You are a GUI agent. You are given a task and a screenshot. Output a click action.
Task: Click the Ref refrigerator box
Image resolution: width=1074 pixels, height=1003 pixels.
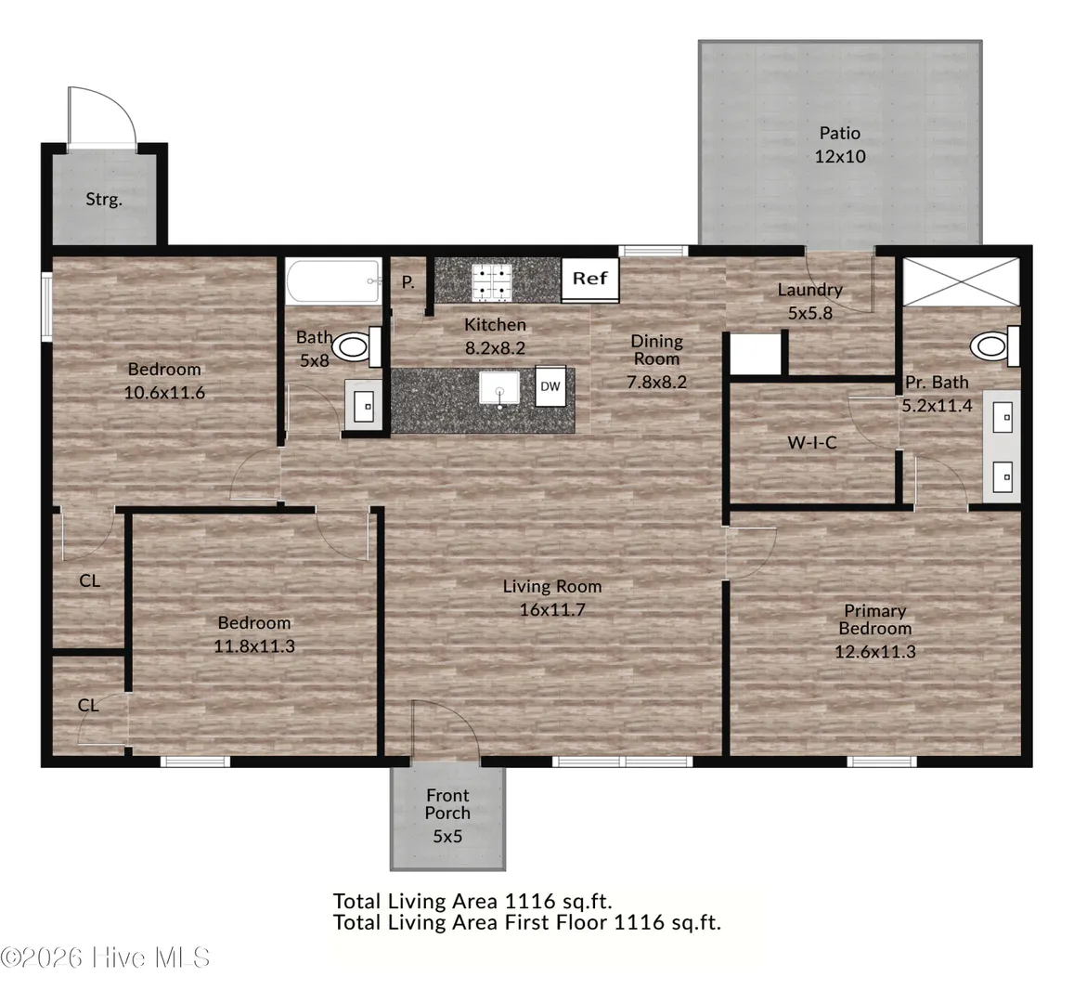pyautogui.click(x=590, y=279)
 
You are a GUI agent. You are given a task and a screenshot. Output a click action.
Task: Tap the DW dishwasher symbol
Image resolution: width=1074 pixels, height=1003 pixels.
pyautogui.click(x=550, y=386)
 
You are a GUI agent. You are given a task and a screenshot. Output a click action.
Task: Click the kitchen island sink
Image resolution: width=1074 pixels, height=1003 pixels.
pyautogui.click(x=498, y=389)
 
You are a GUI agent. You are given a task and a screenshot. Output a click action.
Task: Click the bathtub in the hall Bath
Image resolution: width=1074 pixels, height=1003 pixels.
pyautogui.click(x=333, y=281)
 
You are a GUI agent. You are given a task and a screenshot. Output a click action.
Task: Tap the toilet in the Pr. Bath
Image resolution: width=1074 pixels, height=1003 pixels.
pyautogui.click(x=994, y=346)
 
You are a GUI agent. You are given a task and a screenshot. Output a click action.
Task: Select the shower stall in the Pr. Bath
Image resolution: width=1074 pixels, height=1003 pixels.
pyautogui.click(x=961, y=281)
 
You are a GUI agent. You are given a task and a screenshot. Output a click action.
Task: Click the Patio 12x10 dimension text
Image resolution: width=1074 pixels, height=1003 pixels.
pyautogui.click(x=840, y=156)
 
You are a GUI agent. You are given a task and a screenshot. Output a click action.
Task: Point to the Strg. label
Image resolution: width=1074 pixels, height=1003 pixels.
pyautogui.click(x=104, y=200)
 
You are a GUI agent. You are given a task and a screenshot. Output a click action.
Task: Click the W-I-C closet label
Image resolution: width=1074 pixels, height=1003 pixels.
pyautogui.click(x=812, y=443)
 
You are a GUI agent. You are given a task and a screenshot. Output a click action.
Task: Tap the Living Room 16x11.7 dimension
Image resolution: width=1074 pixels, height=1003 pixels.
pyautogui.click(x=552, y=610)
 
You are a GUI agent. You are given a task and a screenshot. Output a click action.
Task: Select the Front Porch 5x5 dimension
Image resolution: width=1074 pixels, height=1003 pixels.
pyautogui.click(x=447, y=837)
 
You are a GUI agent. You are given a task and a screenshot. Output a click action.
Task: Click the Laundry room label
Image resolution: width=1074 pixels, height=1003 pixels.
pyautogui.click(x=809, y=290)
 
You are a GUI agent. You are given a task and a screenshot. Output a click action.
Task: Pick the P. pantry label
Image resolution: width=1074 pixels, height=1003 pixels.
pyautogui.click(x=408, y=282)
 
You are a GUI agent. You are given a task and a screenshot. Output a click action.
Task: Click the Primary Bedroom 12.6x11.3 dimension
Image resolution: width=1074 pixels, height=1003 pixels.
pyautogui.click(x=874, y=652)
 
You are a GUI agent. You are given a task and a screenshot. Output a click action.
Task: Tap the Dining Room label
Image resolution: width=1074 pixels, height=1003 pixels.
pyautogui.click(x=657, y=349)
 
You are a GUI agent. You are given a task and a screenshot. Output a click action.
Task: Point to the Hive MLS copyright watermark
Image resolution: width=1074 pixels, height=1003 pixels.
pyautogui.click(x=105, y=957)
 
